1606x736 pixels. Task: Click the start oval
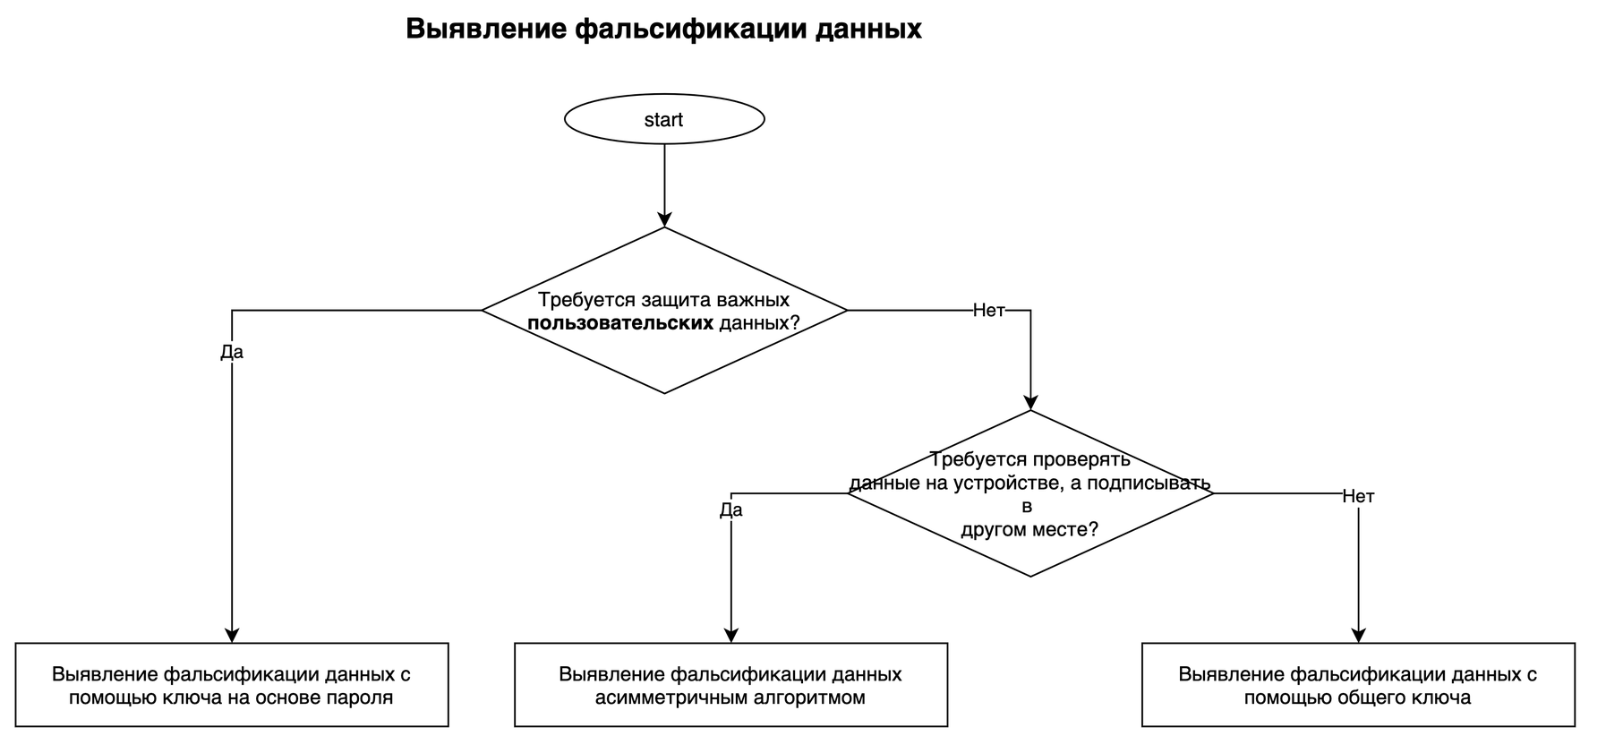tap(663, 119)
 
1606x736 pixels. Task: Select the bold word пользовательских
tap(620, 323)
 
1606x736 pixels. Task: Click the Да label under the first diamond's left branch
tap(232, 352)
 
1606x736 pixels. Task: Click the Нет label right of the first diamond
tap(988, 311)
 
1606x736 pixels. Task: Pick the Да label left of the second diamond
tap(731, 510)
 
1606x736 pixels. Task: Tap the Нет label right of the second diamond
tap(1358, 496)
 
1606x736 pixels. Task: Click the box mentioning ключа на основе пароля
tap(232, 685)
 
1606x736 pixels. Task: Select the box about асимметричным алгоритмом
tap(730, 685)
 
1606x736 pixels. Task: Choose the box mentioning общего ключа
tap(1358, 685)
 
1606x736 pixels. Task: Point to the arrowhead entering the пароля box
tap(232, 635)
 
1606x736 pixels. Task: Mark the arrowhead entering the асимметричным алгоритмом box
tap(731, 635)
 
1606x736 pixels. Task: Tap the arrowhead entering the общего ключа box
tap(1358, 635)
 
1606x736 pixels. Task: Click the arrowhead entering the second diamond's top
tap(1030, 402)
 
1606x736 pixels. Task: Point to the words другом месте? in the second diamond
tap(1029, 529)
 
